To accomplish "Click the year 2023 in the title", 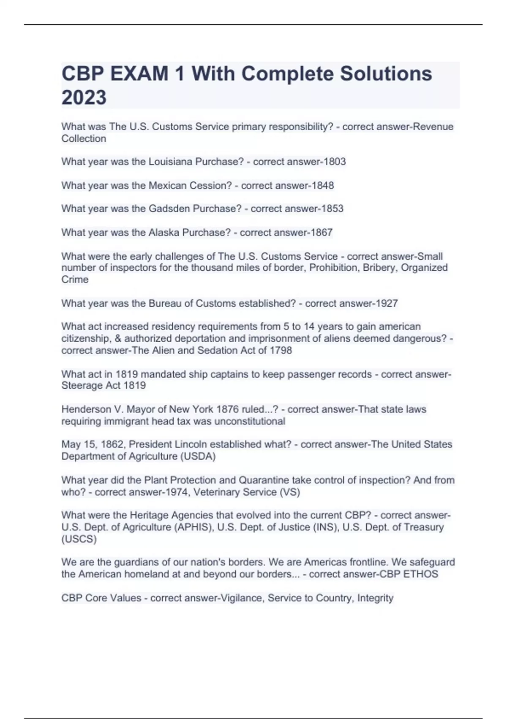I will [x=84, y=97].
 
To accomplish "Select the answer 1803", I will [x=335, y=162].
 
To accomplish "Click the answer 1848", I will [x=323, y=185].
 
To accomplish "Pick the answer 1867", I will [x=322, y=232].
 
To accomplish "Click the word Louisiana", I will [x=168, y=162].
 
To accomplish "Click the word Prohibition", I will [x=333, y=268].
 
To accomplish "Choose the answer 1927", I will [x=387, y=303].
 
